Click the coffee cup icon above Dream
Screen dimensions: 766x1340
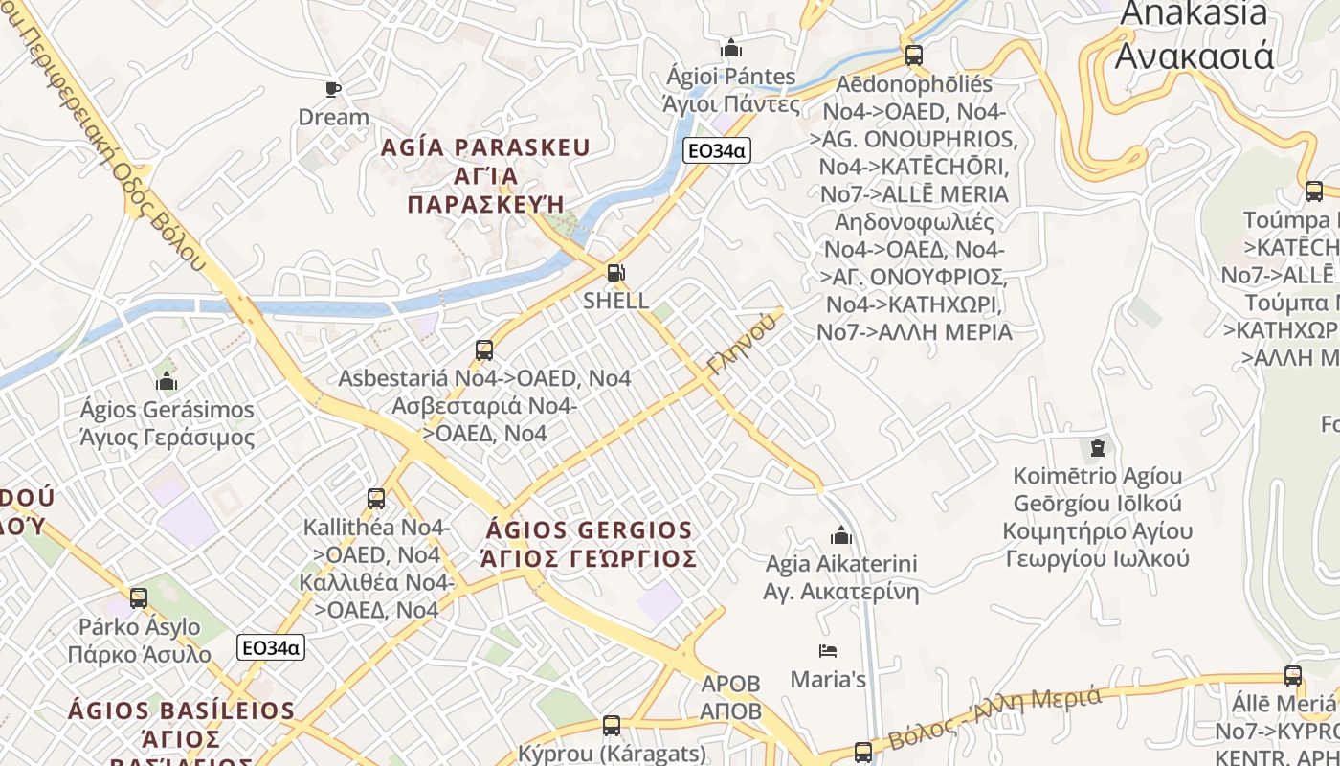click(x=333, y=89)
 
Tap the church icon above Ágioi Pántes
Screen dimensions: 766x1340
click(x=731, y=48)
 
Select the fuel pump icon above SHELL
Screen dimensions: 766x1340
click(x=616, y=273)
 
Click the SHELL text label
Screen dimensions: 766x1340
click(x=616, y=300)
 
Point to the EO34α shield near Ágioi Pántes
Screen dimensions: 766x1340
click(x=715, y=150)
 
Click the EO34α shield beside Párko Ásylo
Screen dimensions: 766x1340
click(x=271, y=648)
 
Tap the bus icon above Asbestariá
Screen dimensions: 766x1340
click(x=484, y=350)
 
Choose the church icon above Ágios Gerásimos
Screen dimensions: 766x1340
click(x=167, y=382)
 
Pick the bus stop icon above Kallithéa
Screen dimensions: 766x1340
click(x=376, y=499)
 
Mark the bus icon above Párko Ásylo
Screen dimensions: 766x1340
click(x=139, y=599)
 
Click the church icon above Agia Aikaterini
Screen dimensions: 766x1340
click(x=841, y=534)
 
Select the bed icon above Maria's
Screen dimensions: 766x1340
click(x=828, y=651)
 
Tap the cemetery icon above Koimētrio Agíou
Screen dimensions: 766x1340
click(x=1097, y=447)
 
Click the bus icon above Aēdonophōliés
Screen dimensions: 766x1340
click(x=913, y=56)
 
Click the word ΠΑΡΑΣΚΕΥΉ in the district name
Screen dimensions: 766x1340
click(x=483, y=205)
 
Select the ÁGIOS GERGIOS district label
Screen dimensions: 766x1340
click(x=589, y=530)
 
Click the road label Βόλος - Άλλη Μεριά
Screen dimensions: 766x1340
click(x=995, y=717)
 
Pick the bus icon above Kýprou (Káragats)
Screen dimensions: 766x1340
click(x=612, y=726)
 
